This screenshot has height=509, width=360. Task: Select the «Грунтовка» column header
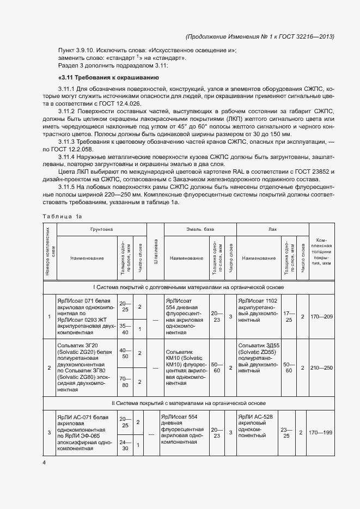tap(101, 230)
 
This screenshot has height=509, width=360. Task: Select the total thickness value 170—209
tap(320, 316)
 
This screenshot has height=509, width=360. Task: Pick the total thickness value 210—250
tap(320, 368)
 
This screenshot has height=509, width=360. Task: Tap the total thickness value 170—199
tap(320, 432)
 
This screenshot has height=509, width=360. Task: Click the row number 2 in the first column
tap(50, 368)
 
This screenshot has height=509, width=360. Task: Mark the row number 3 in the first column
tap(50, 432)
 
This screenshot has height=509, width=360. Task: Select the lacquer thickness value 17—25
tap(289, 316)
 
